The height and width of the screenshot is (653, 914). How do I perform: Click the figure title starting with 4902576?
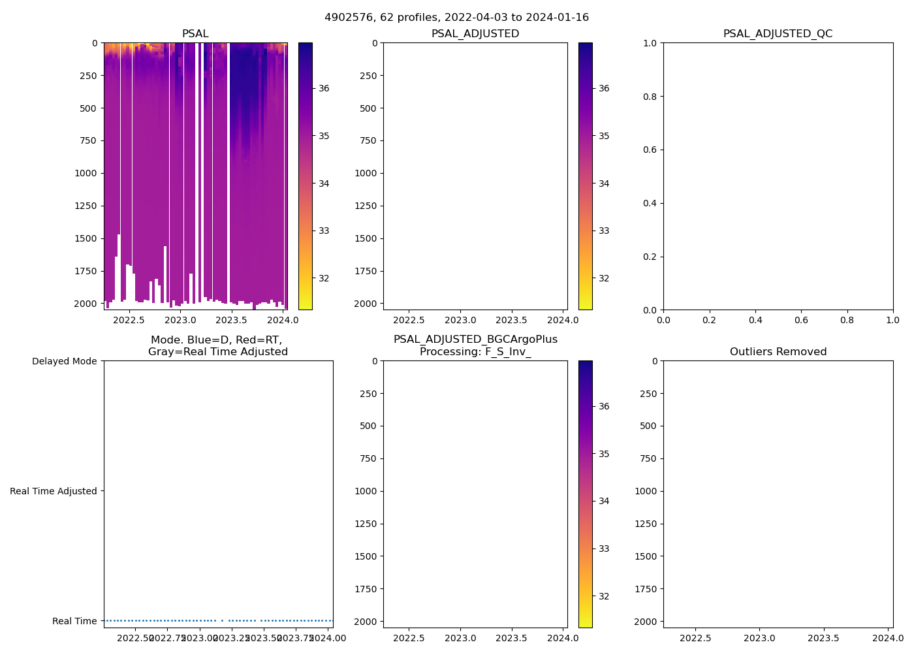tap(456, 18)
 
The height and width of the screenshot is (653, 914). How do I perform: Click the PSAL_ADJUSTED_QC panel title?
tap(778, 34)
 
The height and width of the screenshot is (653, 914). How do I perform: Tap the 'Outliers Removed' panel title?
tap(778, 352)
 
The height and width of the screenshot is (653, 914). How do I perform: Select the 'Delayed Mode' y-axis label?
tap(64, 361)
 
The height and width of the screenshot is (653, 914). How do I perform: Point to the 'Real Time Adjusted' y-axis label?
tap(53, 491)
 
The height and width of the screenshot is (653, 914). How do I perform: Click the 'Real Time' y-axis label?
tap(74, 621)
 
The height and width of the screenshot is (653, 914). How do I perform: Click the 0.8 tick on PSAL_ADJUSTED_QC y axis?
tap(649, 97)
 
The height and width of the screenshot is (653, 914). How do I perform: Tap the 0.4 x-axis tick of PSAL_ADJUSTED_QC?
tap(755, 321)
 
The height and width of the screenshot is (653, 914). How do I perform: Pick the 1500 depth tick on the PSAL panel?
tap(87, 238)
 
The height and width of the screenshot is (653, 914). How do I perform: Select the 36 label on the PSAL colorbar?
tap(324, 89)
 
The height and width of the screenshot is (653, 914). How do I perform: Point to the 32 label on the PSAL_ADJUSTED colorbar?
tap(604, 278)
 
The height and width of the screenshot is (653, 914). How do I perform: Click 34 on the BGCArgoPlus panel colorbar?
tap(604, 501)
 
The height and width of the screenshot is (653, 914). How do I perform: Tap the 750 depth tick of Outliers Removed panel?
tap(648, 458)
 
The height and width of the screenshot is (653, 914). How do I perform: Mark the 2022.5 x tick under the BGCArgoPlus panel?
tap(409, 639)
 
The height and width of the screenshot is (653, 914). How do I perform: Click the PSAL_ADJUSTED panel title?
tap(475, 34)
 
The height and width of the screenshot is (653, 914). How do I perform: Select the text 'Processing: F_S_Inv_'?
tap(475, 352)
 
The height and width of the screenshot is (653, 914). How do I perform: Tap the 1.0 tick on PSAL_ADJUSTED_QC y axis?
tap(649, 43)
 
